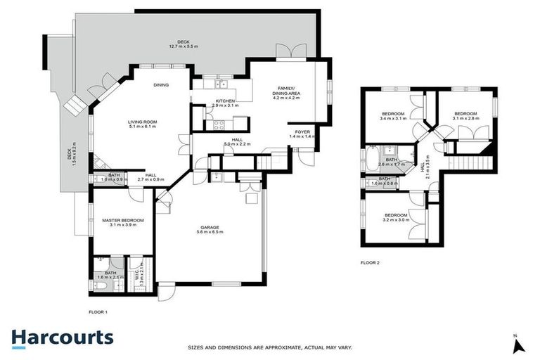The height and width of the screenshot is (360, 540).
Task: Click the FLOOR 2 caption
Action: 369,262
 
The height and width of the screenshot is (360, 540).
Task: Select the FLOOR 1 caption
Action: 98,311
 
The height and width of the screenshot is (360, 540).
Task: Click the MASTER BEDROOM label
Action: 123,220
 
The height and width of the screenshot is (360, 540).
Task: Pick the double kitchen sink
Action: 220,84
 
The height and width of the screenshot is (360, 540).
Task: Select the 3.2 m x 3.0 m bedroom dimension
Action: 395,219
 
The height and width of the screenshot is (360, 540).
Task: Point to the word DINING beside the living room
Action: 161,85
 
